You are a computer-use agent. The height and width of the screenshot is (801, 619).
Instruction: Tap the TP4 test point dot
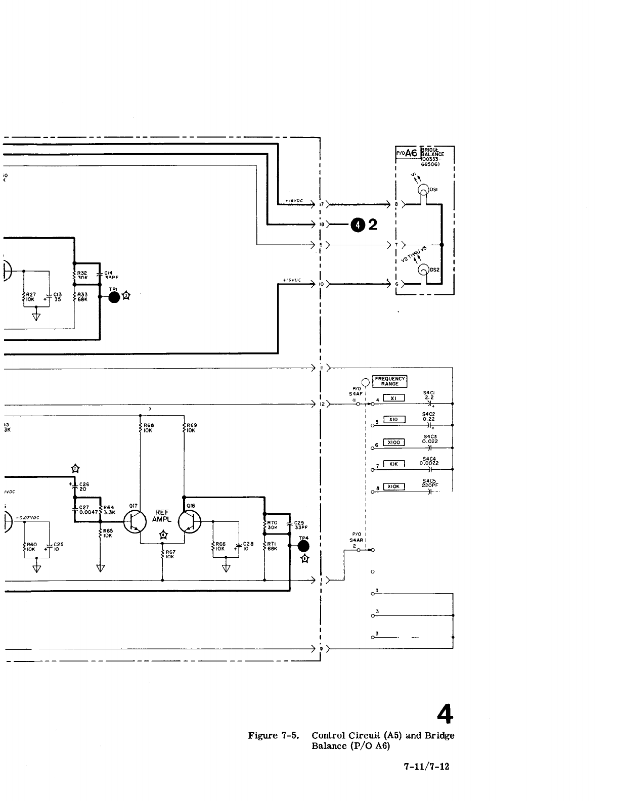click(x=303, y=546)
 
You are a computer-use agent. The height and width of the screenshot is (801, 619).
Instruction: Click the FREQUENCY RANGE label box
click(x=390, y=381)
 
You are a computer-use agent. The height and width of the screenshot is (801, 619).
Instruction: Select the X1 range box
click(x=393, y=398)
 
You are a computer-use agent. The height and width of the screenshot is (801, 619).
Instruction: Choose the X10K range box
click(x=393, y=486)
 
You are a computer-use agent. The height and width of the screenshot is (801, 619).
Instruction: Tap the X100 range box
click(x=393, y=442)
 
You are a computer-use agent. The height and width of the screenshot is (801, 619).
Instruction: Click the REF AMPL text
click(x=162, y=515)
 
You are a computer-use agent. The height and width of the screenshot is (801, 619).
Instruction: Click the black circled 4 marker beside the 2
click(x=358, y=225)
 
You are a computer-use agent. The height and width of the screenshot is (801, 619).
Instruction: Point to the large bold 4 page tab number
click(x=445, y=715)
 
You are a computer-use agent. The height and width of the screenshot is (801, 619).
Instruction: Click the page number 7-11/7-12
click(x=426, y=766)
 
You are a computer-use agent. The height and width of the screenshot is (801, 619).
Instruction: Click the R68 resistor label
click(x=149, y=425)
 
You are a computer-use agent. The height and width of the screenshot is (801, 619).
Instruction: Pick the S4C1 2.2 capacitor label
click(x=429, y=395)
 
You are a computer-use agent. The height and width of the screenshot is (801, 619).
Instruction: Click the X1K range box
click(x=393, y=464)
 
